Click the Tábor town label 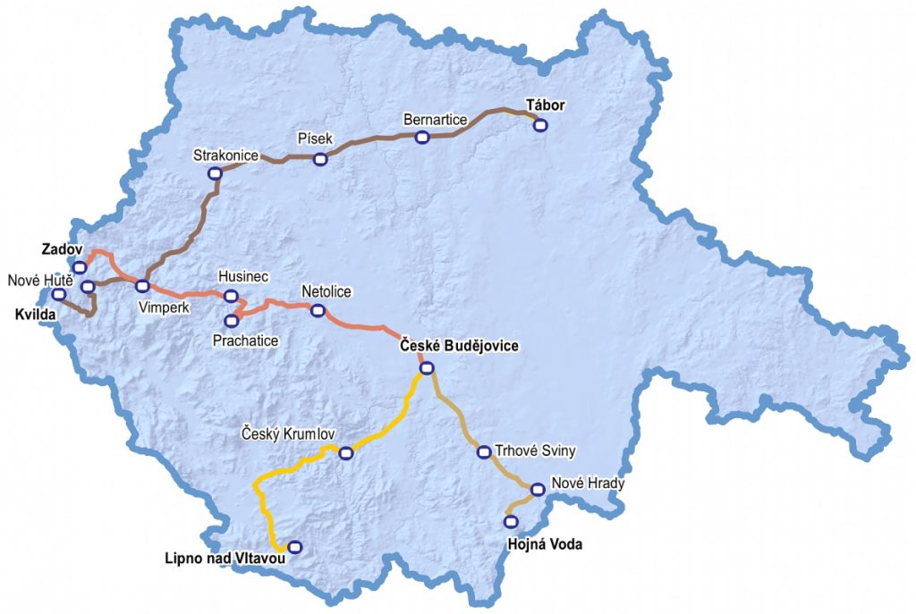tap(545, 105)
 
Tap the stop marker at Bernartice tap(422, 137)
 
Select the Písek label tap(314, 139)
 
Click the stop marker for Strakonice tap(215, 173)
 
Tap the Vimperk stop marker tap(142, 286)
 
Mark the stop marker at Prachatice tap(232, 320)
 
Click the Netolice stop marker tap(317, 310)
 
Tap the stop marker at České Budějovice tap(427, 367)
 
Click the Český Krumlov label tap(288, 434)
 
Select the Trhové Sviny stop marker tap(484, 451)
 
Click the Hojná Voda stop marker tap(511, 521)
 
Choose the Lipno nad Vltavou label tap(225, 559)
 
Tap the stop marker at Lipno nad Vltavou tap(294, 547)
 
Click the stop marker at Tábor tap(540, 125)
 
